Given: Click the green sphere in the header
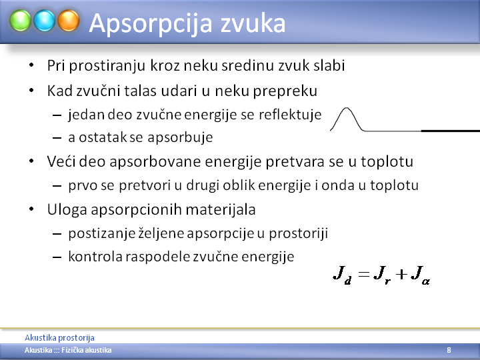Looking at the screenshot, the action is (x=20, y=21).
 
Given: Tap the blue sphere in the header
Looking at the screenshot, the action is (x=45, y=21).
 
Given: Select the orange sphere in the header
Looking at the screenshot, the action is (x=69, y=21).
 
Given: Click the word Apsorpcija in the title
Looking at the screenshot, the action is (x=151, y=24).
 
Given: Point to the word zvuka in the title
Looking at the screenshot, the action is (x=253, y=24).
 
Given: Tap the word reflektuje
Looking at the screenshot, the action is (x=290, y=115).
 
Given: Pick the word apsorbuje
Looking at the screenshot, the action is (x=180, y=137).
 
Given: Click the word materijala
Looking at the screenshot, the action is (x=221, y=209).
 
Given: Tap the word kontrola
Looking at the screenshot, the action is (x=95, y=257).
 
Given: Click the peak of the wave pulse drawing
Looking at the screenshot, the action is (x=347, y=108).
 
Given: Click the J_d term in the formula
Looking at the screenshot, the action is (x=342, y=275).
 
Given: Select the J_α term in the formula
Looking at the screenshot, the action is (x=420, y=275).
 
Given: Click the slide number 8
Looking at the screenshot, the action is (x=449, y=350).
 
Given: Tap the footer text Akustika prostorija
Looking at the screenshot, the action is (x=59, y=337).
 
